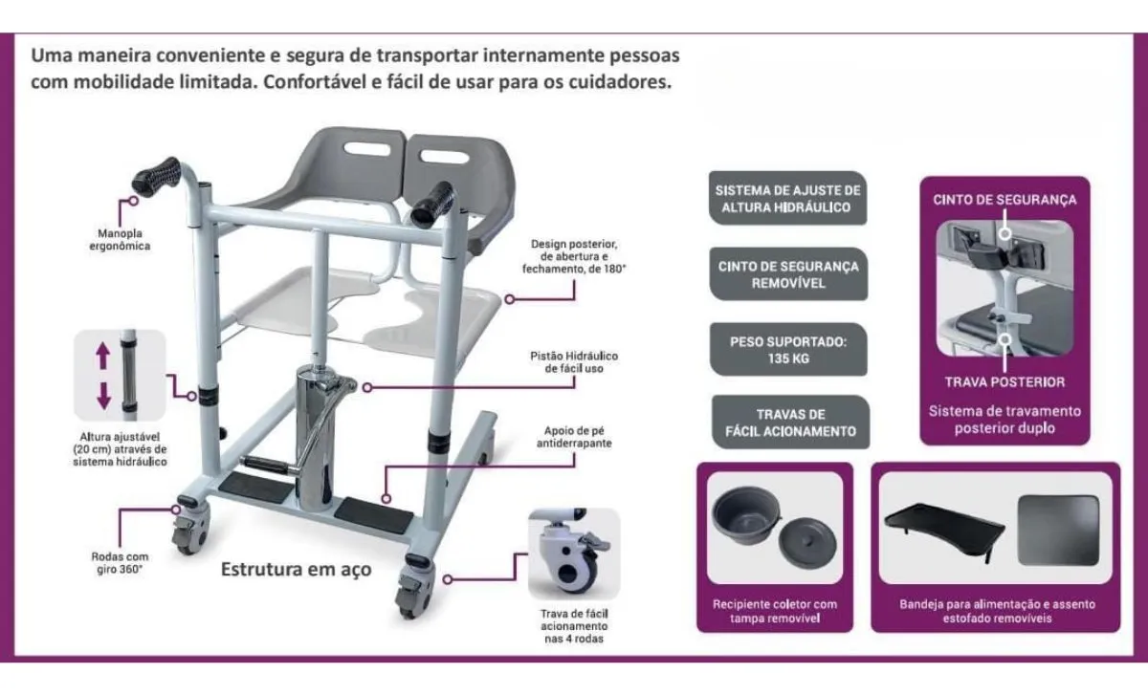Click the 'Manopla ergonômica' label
[x=124, y=239]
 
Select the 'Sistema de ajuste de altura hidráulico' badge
[x=788, y=198]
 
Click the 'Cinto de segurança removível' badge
[x=788, y=274]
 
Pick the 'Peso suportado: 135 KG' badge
[x=788, y=349]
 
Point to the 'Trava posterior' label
[x=1004, y=381]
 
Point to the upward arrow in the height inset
[x=103, y=358]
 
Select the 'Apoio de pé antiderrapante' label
[x=574, y=437]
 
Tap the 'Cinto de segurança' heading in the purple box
[x=1004, y=200]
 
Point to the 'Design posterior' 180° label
[x=579, y=256]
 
